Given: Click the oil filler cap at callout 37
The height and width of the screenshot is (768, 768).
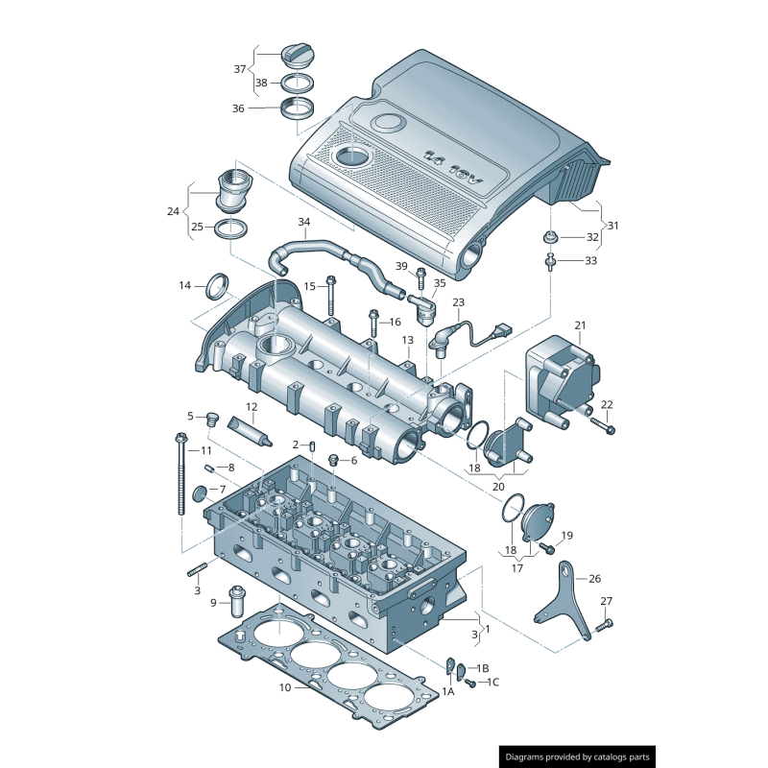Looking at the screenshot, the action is point(298,55).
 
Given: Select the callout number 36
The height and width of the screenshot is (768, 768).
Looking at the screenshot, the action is point(238,108).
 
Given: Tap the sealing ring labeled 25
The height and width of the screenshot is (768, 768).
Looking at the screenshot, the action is point(230,228).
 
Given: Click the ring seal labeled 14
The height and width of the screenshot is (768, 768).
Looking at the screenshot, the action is point(218,286).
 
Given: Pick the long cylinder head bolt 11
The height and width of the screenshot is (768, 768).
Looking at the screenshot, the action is point(180,473).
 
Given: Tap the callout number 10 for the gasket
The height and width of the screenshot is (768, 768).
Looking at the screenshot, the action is point(285,687).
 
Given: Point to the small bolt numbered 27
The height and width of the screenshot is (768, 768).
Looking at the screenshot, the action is point(605,626).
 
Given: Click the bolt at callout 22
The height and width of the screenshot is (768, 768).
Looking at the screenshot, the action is point(603,425).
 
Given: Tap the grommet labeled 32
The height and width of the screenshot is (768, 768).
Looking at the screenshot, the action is point(550,237).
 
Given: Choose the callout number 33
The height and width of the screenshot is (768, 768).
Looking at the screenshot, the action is point(591,260).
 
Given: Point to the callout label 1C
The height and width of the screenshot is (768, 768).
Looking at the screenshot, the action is point(493,683).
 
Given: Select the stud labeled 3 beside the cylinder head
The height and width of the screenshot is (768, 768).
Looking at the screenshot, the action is point(197,570).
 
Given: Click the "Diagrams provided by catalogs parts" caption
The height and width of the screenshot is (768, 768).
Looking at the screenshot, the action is point(578,756).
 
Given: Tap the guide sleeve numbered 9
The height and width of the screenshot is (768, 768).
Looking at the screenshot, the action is point(237,602).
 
